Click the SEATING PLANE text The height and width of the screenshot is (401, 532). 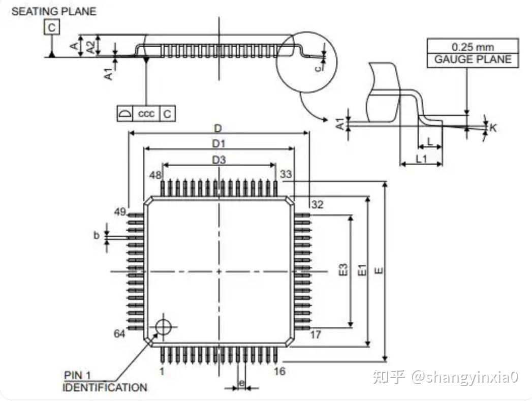[54, 11]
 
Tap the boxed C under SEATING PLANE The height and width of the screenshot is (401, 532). [51, 27]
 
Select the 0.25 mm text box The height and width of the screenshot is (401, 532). [473, 46]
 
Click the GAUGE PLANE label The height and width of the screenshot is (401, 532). [473, 59]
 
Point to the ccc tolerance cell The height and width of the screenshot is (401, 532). [146, 114]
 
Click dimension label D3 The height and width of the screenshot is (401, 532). [219, 160]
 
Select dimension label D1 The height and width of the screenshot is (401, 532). [218, 143]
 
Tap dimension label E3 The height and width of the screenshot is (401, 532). [343, 269]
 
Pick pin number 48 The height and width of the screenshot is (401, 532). [155, 175]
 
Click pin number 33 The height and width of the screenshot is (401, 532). [286, 174]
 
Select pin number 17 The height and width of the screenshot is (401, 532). [316, 335]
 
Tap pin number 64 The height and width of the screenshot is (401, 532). [119, 334]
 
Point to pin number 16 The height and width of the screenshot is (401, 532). [279, 371]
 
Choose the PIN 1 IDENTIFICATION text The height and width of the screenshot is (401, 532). [104, 382]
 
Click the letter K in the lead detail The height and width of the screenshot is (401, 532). [493, 127]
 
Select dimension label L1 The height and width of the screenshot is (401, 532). [421, 159]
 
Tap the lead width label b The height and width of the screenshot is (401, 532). [96, 235]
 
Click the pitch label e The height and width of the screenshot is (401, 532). [241, 382]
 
